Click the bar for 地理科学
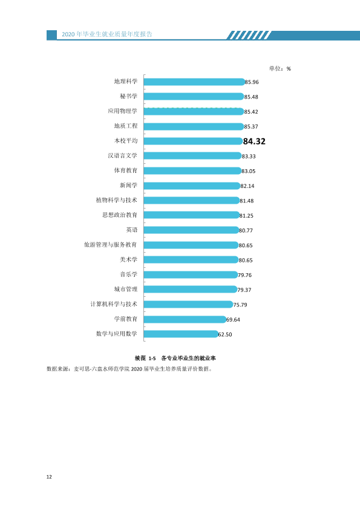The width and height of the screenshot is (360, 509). pos(194,82)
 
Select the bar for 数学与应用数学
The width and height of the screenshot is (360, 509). pos(181,334)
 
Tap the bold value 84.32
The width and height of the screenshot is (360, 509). pos(254,141)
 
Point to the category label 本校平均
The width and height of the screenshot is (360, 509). pos(126,141)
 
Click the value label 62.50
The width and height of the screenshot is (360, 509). pos(225,334)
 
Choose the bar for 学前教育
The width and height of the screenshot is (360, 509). pos(185,319)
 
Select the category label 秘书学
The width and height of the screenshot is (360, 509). pos(129,96)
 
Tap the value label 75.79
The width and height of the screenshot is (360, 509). pos(240,305)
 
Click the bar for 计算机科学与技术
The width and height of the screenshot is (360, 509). pos(189,305)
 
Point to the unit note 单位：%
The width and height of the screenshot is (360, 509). pos(280,68)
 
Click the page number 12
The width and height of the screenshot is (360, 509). pos(49,476)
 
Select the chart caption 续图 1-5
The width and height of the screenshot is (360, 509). pos(145,358)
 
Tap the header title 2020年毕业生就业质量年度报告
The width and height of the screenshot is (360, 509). pos(107,34)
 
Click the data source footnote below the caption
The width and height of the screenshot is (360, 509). pos(129,369)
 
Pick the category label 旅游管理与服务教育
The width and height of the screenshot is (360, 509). pos(111,244)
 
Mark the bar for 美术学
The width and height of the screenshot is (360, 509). pos(191,260)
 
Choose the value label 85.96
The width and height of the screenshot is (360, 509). pos(252,82)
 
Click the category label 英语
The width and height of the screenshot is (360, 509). pos(132,230)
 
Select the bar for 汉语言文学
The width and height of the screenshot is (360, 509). pos(193,156)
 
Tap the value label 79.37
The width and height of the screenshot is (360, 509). pos(244,290)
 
